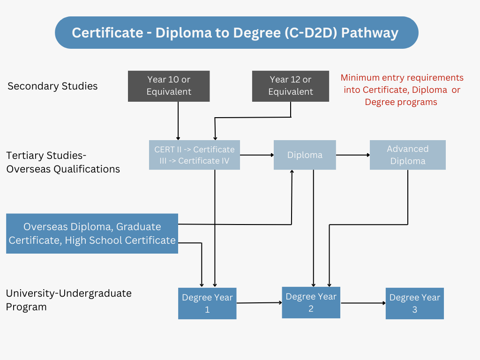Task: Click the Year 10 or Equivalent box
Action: (169, 86)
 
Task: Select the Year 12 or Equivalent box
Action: (291, 86)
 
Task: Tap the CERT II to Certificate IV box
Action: (194, 155)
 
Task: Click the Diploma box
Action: (305, 155)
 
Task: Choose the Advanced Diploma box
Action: (407, 155)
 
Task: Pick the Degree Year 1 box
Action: (207, 303)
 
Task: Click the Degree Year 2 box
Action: (311, 302)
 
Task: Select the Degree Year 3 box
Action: (414, 303)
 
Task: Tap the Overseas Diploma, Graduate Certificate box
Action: (92, 233)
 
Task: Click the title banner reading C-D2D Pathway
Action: (236, 33)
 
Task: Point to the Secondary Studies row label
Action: (52, 86)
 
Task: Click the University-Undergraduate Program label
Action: (68, 300)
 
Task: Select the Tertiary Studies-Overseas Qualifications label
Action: (63, 162)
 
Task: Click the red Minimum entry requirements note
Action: (402, 90)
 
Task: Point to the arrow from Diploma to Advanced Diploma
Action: (352, 155)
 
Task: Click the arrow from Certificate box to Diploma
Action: (257, 155)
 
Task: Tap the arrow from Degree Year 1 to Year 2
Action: (259, 303)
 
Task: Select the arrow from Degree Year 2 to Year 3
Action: (363, 303)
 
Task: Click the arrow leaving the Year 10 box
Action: (178, 120)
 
